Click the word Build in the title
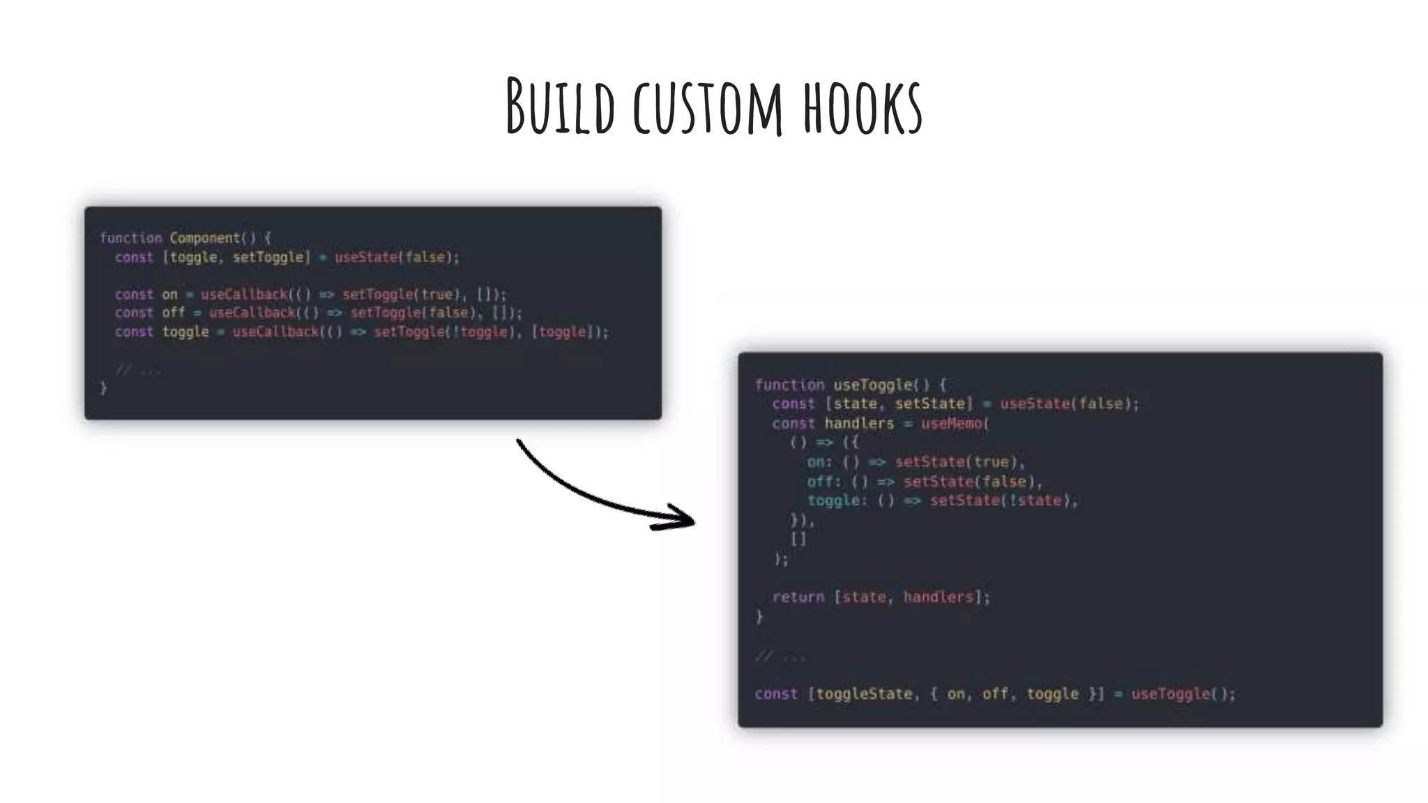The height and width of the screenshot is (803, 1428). click(561, 107)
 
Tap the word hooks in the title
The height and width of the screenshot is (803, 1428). click(863, 109)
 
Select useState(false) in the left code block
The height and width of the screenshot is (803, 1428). click(395, 257)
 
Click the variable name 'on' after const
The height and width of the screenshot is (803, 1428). click(170, 294)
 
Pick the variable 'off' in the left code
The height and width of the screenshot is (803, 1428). click(174, 313)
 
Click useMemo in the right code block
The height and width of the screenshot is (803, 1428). click(952, 423)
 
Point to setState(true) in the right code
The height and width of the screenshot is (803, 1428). click(959, 462)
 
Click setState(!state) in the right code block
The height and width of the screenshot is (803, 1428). click(1003, 500)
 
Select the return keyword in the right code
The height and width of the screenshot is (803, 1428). click(798, 597)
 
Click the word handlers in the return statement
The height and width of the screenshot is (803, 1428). click(938, 597)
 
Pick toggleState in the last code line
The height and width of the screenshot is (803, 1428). click(864, 694)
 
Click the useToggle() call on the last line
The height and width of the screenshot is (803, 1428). click(1183, 694)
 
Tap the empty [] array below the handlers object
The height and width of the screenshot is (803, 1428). click(798, 539)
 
